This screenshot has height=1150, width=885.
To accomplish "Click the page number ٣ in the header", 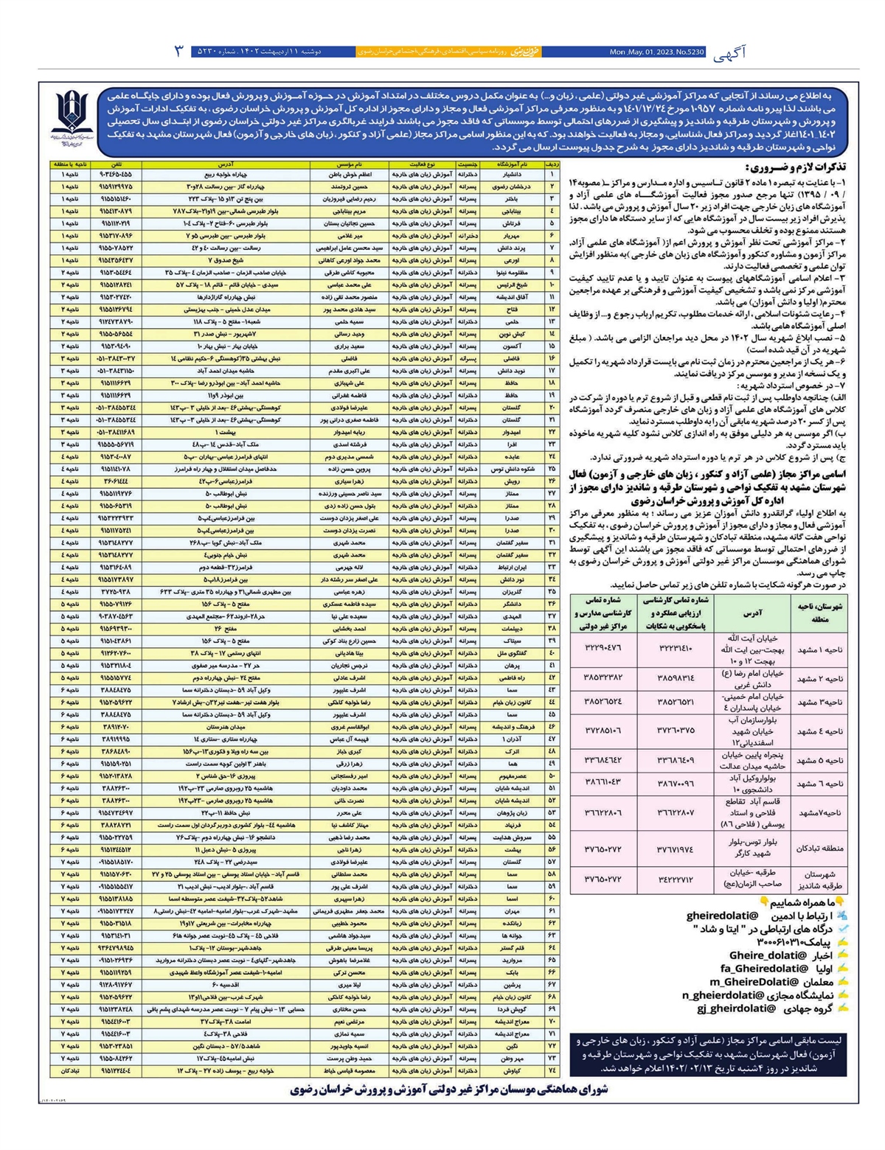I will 178,52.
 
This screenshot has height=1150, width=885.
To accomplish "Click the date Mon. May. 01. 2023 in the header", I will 656,52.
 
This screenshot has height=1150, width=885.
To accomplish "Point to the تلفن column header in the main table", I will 116,164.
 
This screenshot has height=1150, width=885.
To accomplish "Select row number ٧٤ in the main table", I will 552,1070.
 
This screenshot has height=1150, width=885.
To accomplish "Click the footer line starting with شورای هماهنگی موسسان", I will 449,1090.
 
